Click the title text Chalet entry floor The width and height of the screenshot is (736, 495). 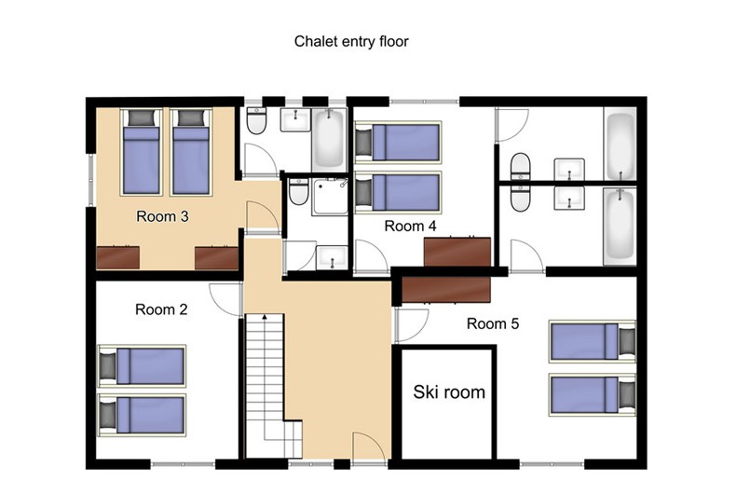pos(351,41)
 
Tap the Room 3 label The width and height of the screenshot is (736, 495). pos(162,216)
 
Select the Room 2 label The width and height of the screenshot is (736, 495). pos(161,309)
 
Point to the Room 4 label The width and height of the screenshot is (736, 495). pos(410,226)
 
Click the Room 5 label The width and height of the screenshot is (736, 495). pos(493,323)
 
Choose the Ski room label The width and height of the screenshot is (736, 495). pos(449,392)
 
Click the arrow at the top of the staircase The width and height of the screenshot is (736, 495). pos(265,317)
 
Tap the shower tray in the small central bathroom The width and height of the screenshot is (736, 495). pos(331,197)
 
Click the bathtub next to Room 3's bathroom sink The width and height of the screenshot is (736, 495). pos(329,140)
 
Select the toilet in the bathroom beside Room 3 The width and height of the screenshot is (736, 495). pos(256,120)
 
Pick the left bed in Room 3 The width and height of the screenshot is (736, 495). pos(142,152)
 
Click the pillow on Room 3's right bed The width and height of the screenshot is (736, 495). pos(192,117)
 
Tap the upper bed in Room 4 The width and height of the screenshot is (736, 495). pos(398,143)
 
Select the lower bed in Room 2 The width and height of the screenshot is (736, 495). pos(142,415)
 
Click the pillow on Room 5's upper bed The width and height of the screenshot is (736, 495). pos(627,341)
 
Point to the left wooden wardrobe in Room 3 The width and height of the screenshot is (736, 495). pos(117,258)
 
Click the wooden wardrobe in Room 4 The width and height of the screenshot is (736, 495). pos(457,253)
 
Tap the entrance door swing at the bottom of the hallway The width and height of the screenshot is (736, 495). pos(370,447)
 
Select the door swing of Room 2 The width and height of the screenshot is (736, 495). pos(225,299)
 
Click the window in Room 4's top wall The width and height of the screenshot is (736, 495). pos(424,102)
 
